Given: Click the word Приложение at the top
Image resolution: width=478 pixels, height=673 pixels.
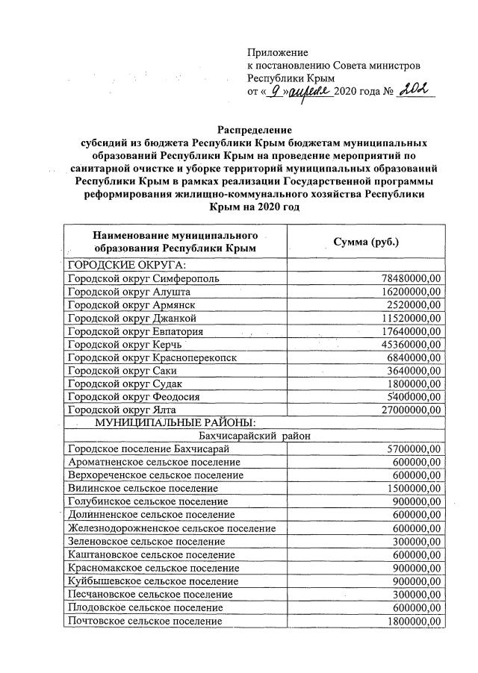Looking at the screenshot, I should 278,52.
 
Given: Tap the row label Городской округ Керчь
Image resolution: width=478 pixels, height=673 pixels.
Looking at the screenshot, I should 124,345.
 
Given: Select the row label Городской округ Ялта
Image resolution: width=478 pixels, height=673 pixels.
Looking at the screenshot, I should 122,410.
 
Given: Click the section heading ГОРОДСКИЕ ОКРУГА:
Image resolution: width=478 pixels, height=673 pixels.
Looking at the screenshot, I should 126,265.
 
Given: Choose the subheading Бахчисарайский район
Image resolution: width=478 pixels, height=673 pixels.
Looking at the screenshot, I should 254,436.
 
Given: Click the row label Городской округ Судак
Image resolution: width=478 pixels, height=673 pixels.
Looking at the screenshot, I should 119,384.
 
